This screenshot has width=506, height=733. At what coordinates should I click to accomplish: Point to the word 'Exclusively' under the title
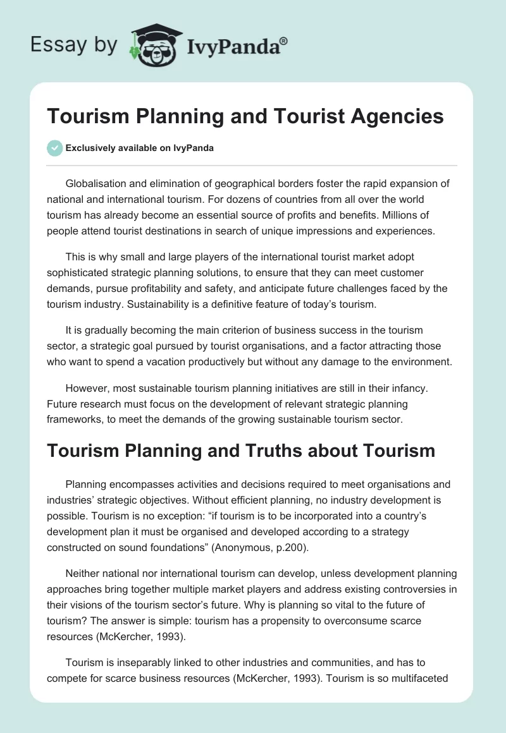pyautogui.click(x=90, y=148)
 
